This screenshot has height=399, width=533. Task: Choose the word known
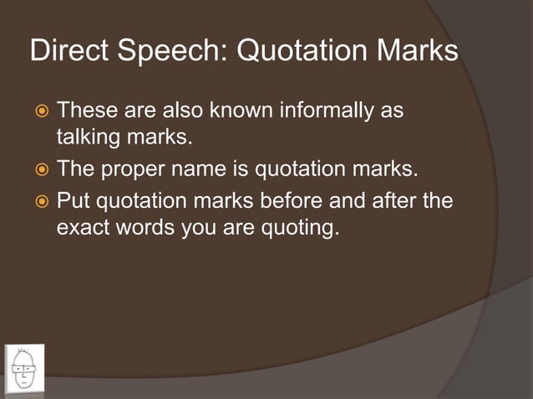pos(237,110)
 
